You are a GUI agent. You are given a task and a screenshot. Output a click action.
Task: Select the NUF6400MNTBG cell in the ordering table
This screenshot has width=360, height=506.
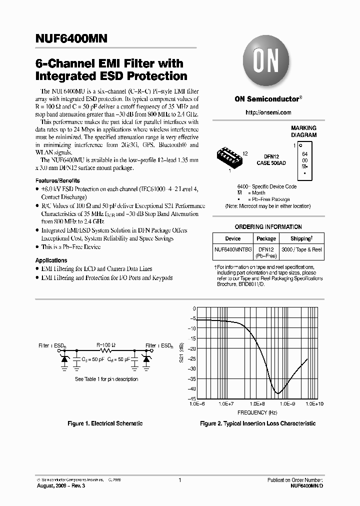(x=233, y=249)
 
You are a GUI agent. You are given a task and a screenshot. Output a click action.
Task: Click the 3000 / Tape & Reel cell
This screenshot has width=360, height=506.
(x=302, y=249)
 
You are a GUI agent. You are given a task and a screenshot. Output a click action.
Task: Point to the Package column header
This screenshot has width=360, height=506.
(x=266, y=238)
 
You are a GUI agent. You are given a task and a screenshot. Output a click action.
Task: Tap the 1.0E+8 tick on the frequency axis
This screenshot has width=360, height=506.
(x=257, y=403)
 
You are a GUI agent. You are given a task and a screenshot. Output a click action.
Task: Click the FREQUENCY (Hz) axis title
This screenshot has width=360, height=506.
(x=257, y=412)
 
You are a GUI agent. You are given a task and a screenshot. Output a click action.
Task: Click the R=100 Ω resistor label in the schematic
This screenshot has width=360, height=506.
(x=105, y=345)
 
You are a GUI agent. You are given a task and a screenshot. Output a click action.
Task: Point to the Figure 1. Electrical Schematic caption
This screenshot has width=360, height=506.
(x=105, y=423)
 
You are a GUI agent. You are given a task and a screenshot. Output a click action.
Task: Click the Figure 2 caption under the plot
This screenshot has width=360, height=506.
(x=257, y=423)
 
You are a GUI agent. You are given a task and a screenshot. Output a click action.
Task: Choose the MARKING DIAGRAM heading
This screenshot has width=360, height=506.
(x=303, y=131)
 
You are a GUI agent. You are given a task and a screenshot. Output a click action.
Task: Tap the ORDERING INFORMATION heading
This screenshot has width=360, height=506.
(x=268, y=226)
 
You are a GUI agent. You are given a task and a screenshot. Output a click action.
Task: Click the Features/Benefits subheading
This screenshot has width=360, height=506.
(x=57, y=180)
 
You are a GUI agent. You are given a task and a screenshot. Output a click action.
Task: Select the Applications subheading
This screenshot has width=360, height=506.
(x=51, y=260)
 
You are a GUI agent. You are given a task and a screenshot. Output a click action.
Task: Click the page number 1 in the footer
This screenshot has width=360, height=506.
(x=179, y=480)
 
